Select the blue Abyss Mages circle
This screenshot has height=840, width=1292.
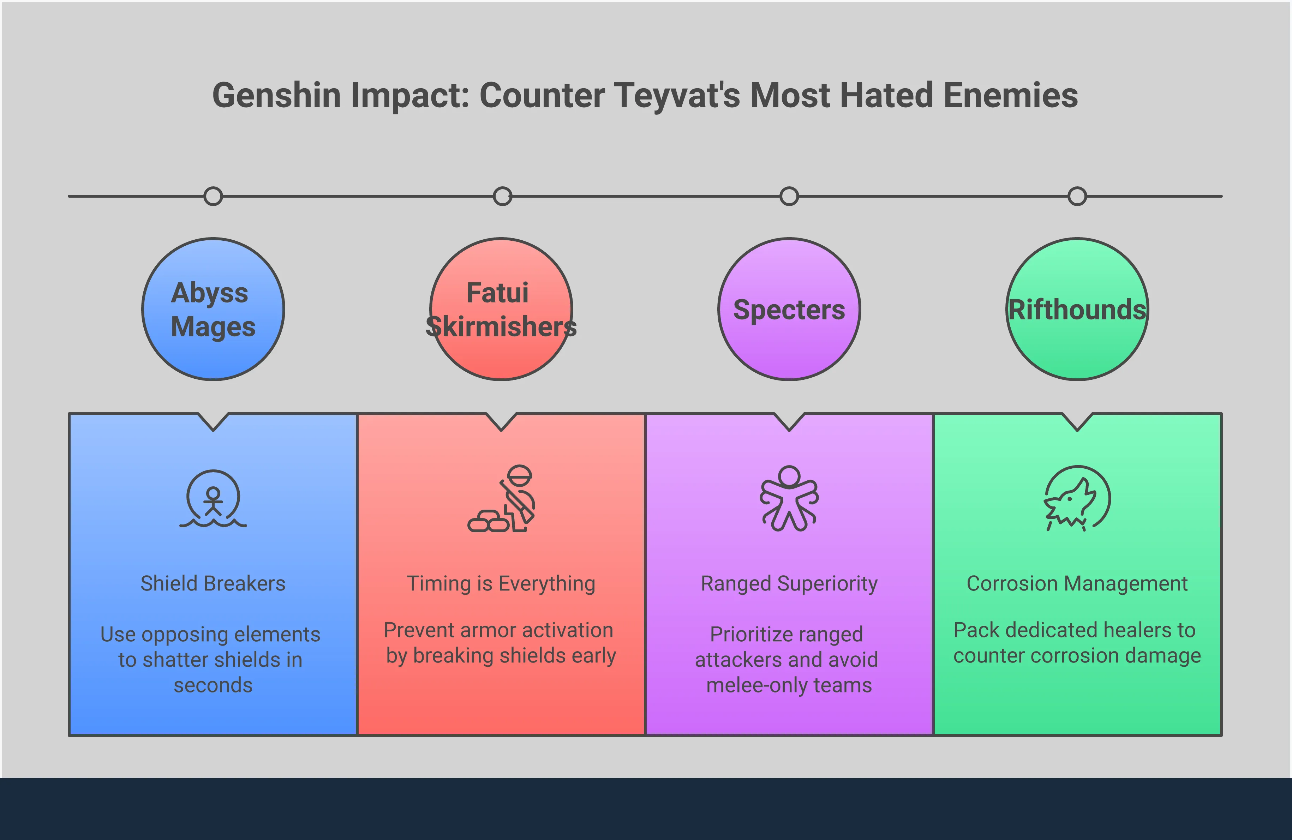coord(213,309)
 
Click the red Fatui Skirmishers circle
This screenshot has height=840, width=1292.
coord(501,309)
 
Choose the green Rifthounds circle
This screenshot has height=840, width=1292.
coord(1077,309)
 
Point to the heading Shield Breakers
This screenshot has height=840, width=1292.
coord(213,584)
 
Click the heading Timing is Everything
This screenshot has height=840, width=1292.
coord(501,584)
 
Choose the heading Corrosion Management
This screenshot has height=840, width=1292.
coord(1077,584)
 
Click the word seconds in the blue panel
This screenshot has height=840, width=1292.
coord(213,685)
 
